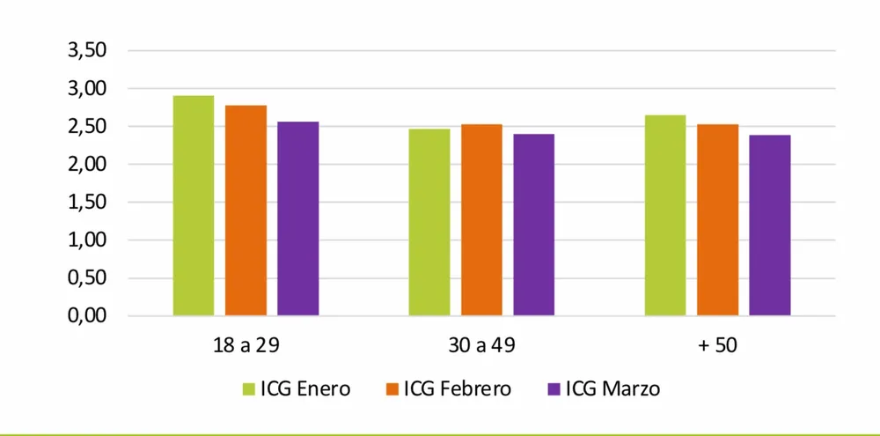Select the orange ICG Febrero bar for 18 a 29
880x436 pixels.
pyautogui.click(x=246, y=211)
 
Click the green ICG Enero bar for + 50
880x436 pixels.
pyautogui.click(x=665, y=215)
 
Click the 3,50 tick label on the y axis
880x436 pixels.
pyautogui.click(x=87, y=51)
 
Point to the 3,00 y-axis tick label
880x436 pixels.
pyautogui.click(x=87, y=89)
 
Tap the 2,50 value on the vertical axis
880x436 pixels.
pyautogui.click(x=87, y=127)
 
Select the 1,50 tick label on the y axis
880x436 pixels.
pyautogui.click(x=87, y=203)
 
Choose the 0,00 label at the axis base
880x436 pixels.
pyautogui.click(x=87, y=316)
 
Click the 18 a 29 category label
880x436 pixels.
pyautogui.click(x=246, y=345)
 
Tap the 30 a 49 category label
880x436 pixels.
pyautogui.click(x=481, y=345)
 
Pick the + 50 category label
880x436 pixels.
pyautogui.click(x=717, y=345)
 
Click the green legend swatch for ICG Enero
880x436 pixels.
pyautogui.click(x=249, y=388)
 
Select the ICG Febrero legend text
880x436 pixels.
pyautogui.click(x=457, y=388)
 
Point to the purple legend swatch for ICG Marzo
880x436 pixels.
pyautogui.click(x=554, y=388)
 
